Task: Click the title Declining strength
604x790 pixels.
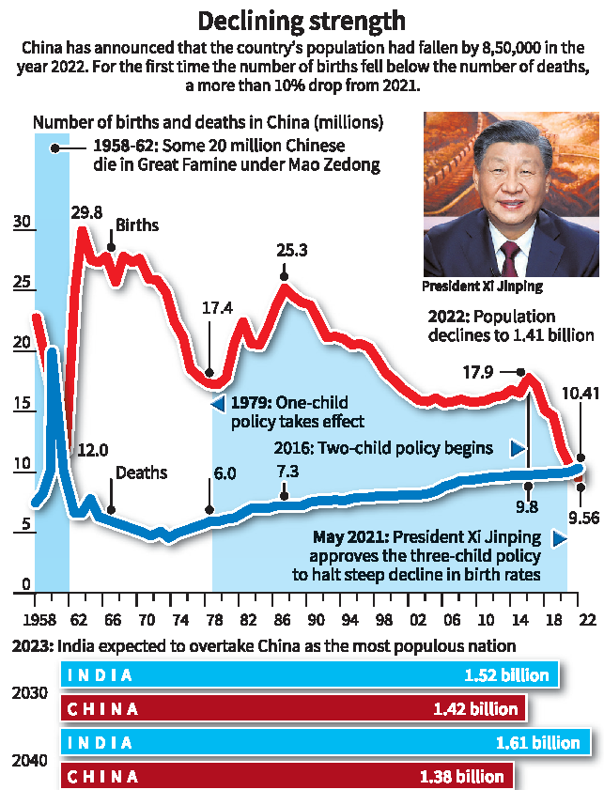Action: [x=302, y=20]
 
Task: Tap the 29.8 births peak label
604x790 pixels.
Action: [x=87, y=210]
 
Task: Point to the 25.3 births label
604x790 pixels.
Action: [x=286, y=252]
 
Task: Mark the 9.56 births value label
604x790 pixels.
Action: [x=581, y=515]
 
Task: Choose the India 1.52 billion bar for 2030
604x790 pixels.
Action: [x=311, y=674]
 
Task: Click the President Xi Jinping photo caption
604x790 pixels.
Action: [x=482, y=286]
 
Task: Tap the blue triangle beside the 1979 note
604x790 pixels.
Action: [x=217, y=404]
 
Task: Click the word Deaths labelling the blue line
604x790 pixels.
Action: [x=141, y=472]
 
